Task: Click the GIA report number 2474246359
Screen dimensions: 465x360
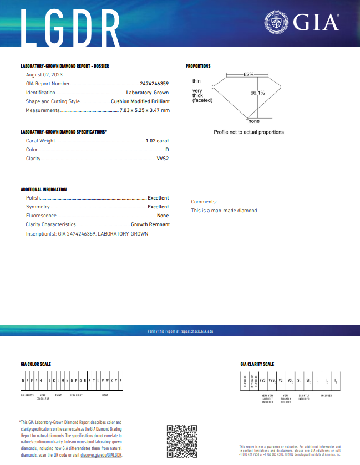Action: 154,84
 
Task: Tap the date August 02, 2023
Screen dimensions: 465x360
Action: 44,74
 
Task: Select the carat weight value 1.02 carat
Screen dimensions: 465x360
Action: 157,141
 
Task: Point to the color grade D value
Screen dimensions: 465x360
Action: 167,150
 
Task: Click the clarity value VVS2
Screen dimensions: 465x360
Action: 163,159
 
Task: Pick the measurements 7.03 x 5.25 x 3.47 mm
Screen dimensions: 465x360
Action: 145,110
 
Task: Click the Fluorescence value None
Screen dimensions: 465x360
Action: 163,216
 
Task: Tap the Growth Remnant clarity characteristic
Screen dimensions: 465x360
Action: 150,224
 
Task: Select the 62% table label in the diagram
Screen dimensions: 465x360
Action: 248,74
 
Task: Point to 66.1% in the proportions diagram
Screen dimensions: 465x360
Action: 257,93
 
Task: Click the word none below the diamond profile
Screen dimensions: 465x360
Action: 253,121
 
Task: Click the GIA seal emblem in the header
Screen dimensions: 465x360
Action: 276,23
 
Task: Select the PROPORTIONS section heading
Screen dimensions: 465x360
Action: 198,66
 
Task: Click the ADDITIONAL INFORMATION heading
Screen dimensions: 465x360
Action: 44,190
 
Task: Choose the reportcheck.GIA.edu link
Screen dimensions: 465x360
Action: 197,331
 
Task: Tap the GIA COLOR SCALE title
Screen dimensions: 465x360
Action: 36,364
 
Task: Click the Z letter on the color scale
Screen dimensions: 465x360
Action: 120,381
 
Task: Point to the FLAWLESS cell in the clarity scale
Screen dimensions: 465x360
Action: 245,381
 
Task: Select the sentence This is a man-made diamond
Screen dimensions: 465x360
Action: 225,211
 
